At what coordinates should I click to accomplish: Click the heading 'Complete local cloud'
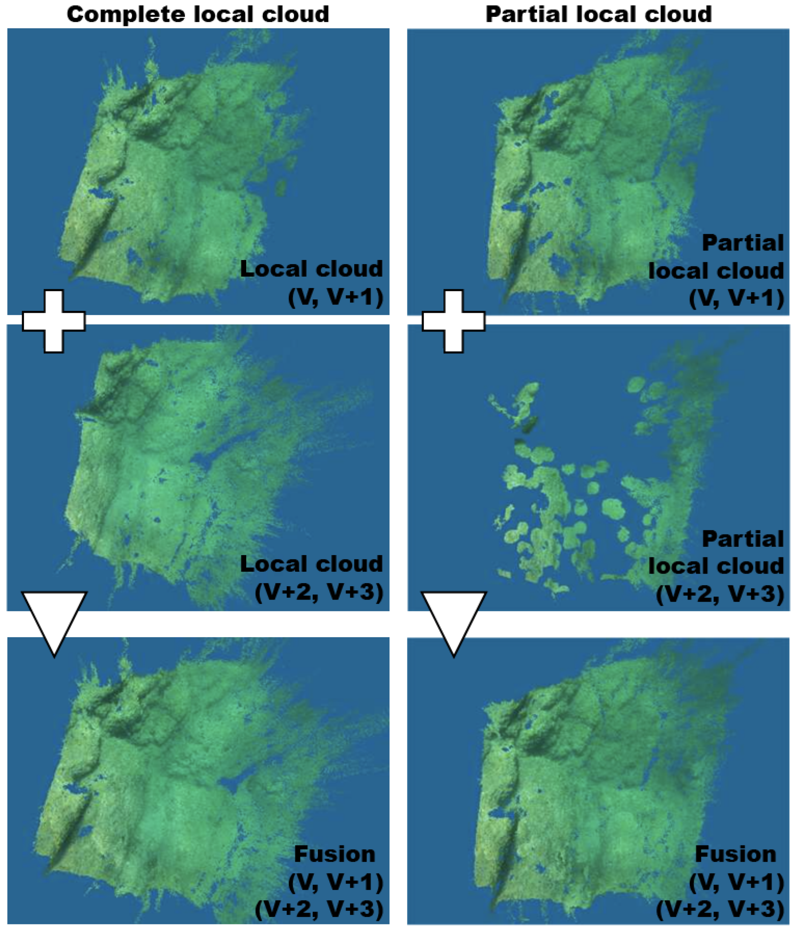(198, 14)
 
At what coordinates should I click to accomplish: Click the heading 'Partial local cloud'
(598, 14)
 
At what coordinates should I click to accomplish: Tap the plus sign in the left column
(54, 321)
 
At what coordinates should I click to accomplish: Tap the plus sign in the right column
(453, 321)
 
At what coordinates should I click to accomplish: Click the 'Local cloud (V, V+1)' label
(311, 283)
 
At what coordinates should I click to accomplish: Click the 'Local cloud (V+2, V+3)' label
(311, 578)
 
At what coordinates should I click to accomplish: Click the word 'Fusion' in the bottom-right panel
(735, 854)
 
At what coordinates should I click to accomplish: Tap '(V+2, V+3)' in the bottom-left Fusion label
(319, 909)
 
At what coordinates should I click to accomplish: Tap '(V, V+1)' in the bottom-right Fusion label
(737, 882)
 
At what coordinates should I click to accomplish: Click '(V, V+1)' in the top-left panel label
(335, 297)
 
